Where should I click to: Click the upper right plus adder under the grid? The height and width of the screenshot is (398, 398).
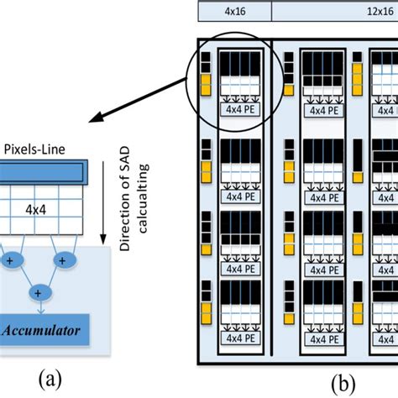63,261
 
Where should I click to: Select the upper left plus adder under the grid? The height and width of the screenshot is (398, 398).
11,261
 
